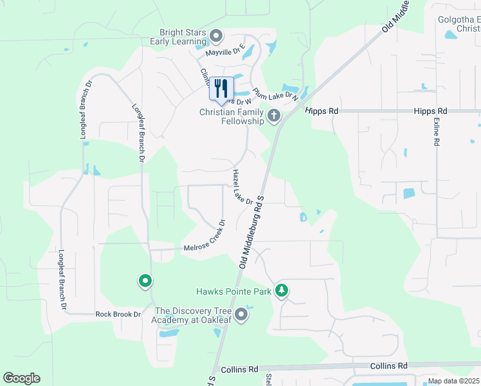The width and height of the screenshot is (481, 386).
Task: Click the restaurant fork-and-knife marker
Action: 221,89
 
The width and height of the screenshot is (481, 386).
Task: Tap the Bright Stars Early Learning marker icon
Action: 216,35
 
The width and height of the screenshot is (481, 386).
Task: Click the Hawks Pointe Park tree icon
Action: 281,291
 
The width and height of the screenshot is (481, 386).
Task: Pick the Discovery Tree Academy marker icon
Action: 241,314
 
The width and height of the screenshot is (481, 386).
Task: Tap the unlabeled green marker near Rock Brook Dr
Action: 145,281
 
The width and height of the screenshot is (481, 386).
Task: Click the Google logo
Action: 21,378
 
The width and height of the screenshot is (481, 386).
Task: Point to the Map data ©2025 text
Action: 453,381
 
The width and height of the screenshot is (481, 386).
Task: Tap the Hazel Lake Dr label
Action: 242,187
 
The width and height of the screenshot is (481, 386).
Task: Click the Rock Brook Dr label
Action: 118,314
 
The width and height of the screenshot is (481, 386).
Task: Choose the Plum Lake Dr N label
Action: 276,93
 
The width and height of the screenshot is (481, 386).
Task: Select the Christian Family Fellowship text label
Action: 231,116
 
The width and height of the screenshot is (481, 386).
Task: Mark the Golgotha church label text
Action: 458,24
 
